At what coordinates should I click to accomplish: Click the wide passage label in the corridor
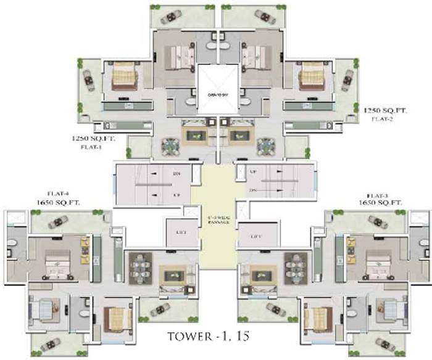click(x=217, y=221)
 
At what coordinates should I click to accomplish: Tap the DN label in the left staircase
click(x=177, y=173)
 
